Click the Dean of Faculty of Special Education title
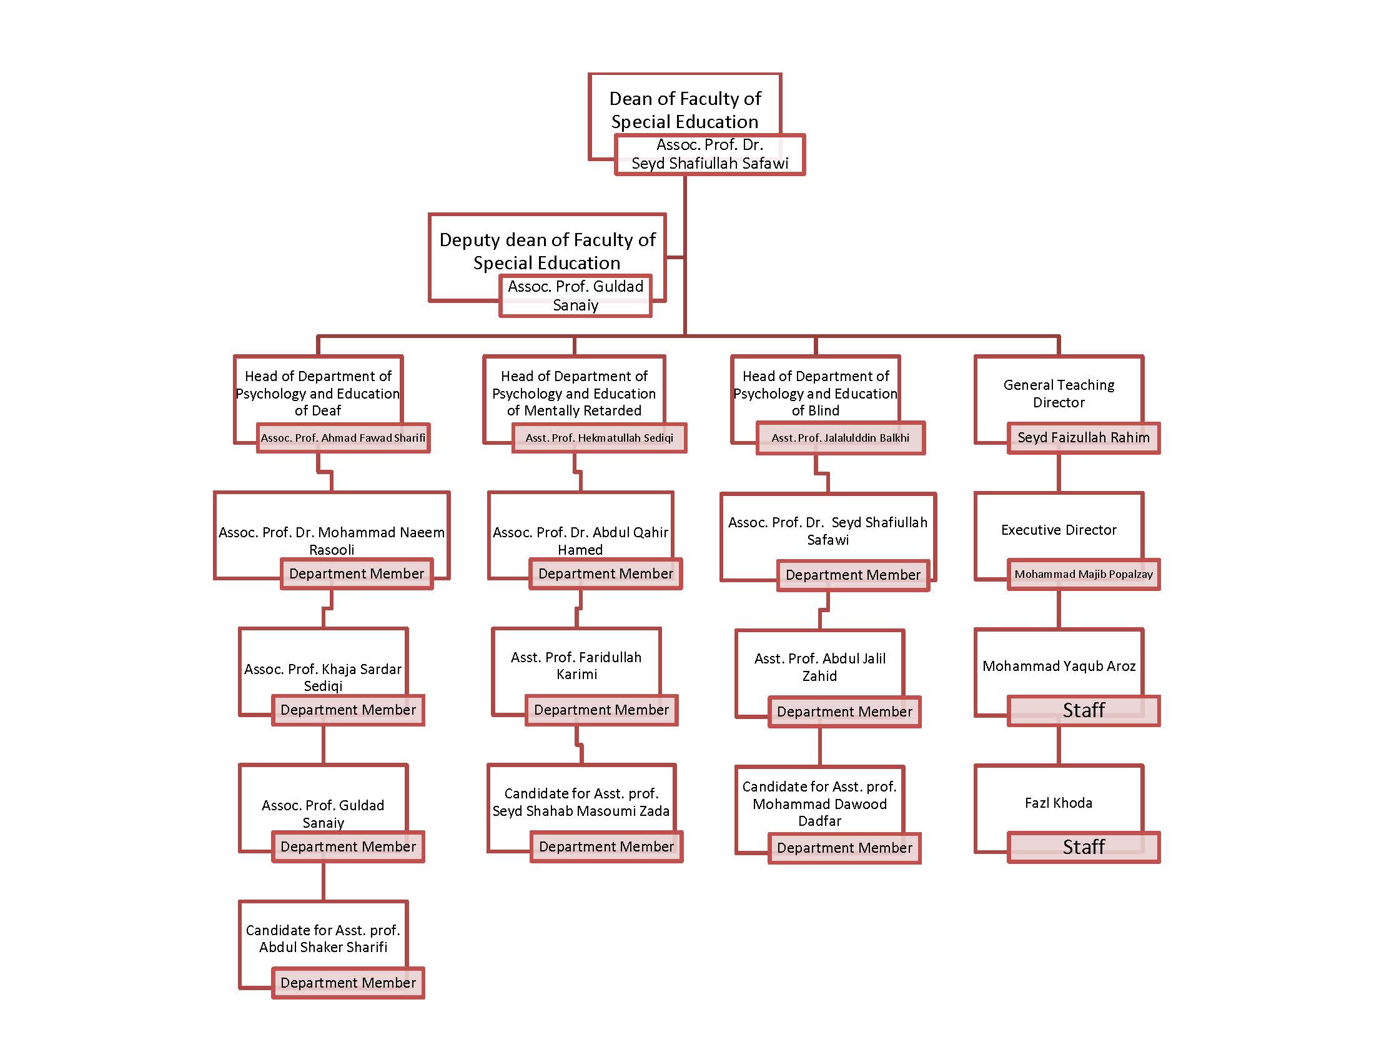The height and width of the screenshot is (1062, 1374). click(x=685, y=109)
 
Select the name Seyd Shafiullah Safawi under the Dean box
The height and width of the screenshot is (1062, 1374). click(x=709, y=163)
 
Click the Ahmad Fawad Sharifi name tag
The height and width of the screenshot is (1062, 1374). click(x=343, y=438)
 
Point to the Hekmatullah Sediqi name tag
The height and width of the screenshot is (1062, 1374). click(x=599, y=438)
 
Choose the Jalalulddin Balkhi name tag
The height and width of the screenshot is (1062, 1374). click(x=840, y=438)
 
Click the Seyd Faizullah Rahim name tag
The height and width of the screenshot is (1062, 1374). click(x=1083, y=438)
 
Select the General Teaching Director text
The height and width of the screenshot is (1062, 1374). click(x=1058, y=393)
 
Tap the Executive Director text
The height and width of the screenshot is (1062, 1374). click(x=1058, y=530)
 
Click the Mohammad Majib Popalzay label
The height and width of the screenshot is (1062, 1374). click(x=1083, y=573)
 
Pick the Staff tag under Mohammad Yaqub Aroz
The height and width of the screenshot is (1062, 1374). click(x=1083, y=710)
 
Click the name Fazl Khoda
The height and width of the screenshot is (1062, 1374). click(x=1058, y=803)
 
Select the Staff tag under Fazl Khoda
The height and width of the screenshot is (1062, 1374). click(x=1083, y=847)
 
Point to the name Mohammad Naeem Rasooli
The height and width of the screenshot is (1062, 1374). click(x=332, y=540)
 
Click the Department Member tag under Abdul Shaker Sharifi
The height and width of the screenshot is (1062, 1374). click(x=348, y=983)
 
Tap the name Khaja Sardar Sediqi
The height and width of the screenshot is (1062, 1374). click(x=323, y=677)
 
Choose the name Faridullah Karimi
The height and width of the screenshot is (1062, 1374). click(x=576, y=666)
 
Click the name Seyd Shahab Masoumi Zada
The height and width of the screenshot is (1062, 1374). click(x=581, y=811)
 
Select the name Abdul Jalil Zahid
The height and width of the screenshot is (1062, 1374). click(x=819, y=667)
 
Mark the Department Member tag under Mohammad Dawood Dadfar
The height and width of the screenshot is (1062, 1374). click(x=844, y=848)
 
